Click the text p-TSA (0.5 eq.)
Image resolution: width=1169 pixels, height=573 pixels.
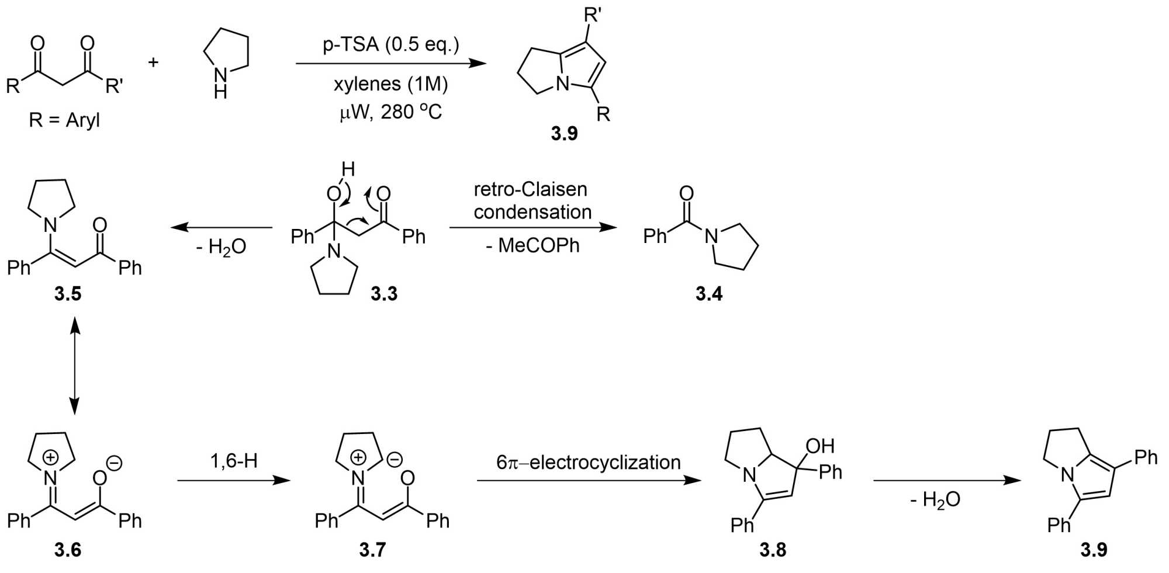point(390,44)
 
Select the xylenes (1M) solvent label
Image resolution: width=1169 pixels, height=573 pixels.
point(390,84)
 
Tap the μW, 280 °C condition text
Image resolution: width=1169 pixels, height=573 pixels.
point(390,111)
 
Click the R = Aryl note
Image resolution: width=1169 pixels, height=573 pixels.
point(64,120)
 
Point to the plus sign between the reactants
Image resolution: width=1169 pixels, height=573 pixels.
point(153,62)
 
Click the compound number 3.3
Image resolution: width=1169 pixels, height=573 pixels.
point(384,293)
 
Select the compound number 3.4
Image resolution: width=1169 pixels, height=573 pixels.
point(708,293)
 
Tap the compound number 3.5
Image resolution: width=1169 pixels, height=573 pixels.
point(68,293)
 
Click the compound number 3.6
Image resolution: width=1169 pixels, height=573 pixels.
point(68,550)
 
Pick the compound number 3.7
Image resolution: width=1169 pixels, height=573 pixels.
point(372,550)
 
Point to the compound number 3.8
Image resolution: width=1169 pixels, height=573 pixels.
point(773,550)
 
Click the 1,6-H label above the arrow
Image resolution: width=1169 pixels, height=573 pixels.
point(234,461)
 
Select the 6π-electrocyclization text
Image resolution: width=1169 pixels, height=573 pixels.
point(589,463)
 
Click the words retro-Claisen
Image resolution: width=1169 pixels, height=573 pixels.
point(530,189)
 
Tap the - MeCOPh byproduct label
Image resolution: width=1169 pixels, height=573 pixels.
point(532,245)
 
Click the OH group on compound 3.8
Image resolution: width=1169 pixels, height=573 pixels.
point(820,446)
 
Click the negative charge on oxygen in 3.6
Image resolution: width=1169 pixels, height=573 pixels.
point(115,464)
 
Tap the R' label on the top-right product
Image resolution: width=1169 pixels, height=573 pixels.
point(593,15)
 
